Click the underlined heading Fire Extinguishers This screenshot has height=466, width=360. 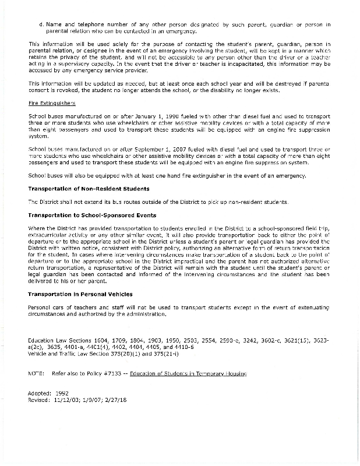click(52, 103)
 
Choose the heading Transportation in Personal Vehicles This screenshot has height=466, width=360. click(80, 294)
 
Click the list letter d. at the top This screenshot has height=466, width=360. click(41, 25)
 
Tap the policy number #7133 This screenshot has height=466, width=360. click(116, 373)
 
